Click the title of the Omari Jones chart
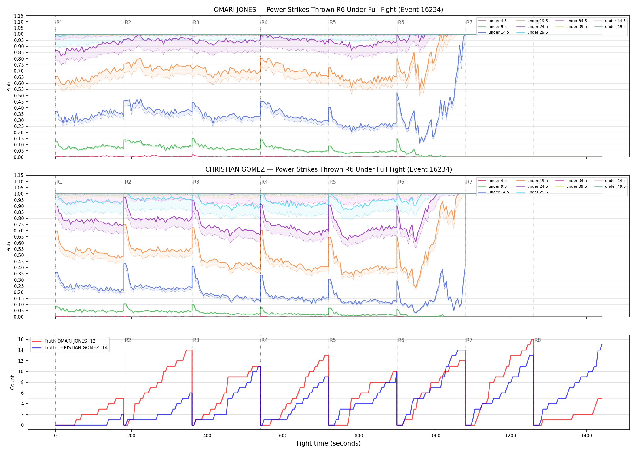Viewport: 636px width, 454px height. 328,10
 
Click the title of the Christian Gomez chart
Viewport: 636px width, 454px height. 328,169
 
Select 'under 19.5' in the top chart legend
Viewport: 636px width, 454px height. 537,21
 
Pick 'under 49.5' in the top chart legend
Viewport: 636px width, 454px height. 615,27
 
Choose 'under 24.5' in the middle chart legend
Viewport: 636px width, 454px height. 537,186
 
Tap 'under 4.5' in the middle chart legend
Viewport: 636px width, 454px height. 497,181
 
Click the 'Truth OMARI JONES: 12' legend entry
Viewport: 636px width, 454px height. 70,341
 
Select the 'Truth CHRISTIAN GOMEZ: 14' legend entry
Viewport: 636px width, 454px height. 76,348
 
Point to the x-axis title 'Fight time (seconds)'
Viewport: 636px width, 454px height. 328,443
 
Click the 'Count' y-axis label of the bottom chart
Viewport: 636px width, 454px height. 12,382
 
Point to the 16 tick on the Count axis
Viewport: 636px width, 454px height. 21,340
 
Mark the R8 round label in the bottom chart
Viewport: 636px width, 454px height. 538,340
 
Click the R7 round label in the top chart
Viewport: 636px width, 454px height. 469,22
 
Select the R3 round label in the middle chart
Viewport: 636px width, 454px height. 196,182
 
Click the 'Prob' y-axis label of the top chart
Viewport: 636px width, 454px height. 9,87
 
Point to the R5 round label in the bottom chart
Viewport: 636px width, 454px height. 333,340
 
